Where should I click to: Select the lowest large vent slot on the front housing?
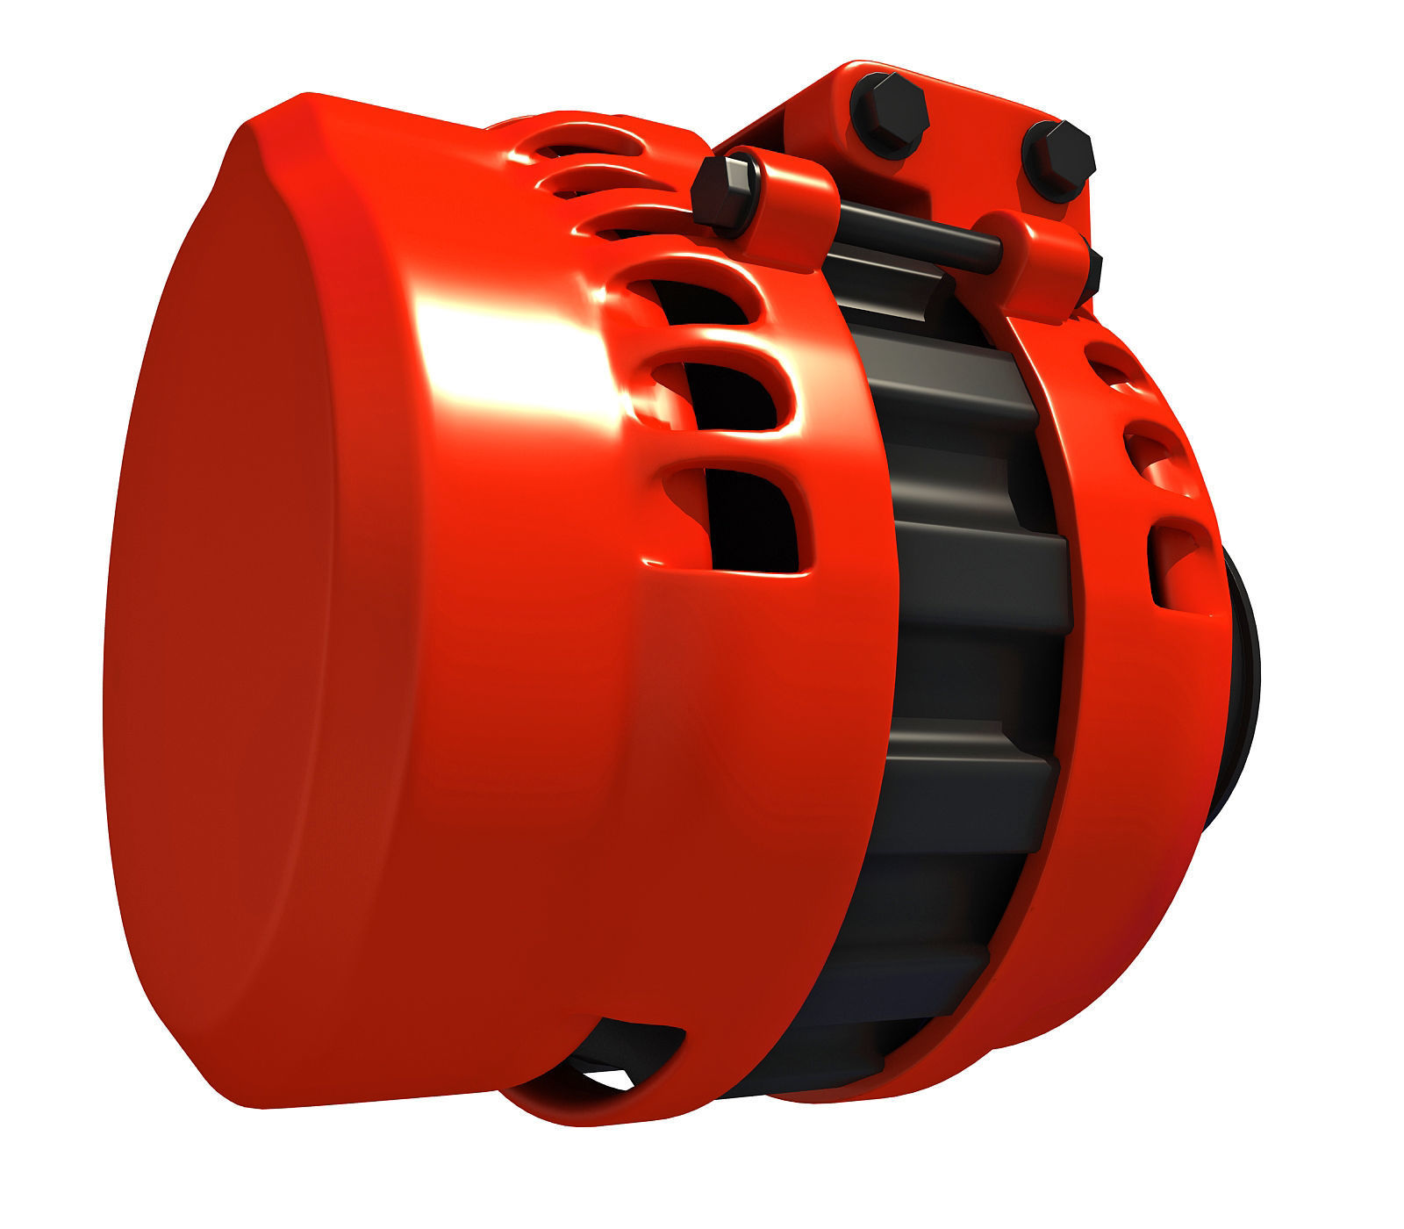pyautogui.click(x=746, y=518)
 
